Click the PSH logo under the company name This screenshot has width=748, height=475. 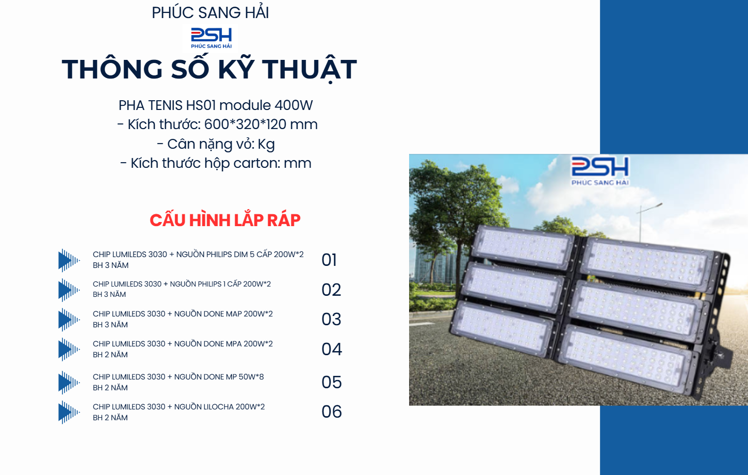click(211, 37)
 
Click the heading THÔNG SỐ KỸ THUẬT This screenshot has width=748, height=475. click(209, 69)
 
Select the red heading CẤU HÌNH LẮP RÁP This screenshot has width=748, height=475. click(225, 220)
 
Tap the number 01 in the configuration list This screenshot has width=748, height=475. click(329, 260)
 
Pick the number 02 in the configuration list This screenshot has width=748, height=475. click(331, 290)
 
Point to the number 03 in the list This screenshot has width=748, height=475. click(331, 319)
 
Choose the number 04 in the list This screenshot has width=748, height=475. click(332, 349)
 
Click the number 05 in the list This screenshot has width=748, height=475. click(332, 382)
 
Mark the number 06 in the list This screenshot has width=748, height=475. click(332, 411)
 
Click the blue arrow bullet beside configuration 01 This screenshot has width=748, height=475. click(69, 260)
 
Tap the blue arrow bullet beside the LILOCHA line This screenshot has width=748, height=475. click(69, 413)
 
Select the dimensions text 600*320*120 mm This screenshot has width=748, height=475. click(261, 124)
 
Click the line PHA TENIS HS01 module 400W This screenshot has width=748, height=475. click(216, 105)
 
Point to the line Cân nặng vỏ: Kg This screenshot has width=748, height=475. click(216, 144)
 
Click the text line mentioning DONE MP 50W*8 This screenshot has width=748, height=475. click(178, 377)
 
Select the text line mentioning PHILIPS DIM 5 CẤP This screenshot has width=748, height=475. click(198, 255)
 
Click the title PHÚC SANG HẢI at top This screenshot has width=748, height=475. click(210, 12)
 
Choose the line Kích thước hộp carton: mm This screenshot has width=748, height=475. click(216, 163)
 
